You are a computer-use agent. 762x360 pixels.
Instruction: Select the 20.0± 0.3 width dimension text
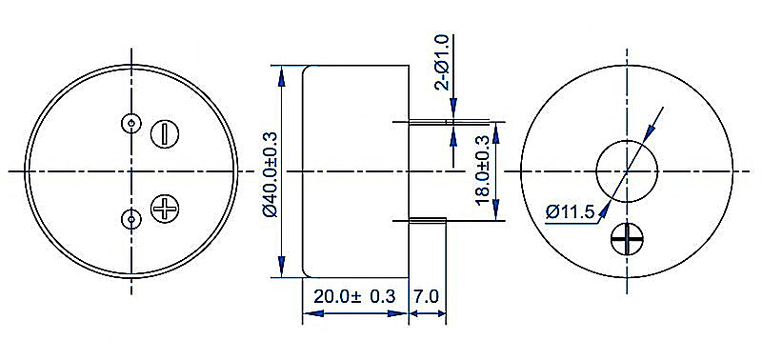[354, 296]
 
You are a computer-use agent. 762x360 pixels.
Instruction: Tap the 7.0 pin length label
[427, 296]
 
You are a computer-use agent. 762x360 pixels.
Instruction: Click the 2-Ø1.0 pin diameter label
[444, 62]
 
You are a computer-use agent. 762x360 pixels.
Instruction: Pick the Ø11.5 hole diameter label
[570, 211]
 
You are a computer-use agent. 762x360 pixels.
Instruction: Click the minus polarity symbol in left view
[164, 133]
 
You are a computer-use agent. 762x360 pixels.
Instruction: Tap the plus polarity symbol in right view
[627, 239]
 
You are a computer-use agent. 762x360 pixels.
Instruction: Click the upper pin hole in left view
[130, 123]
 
